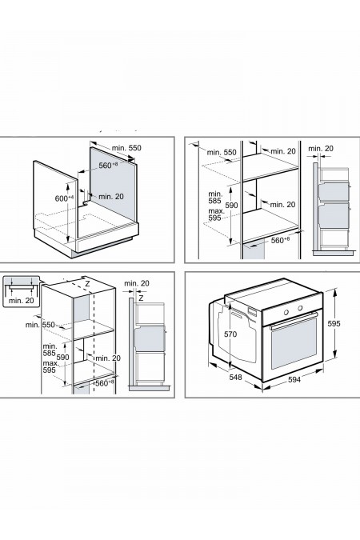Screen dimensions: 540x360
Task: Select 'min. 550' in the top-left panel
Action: click(126, 149)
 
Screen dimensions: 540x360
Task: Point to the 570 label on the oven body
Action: click(231, 334)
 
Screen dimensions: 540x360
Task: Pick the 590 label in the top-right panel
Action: click(232, 205)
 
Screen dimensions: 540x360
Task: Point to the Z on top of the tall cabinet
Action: click(86, 283)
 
